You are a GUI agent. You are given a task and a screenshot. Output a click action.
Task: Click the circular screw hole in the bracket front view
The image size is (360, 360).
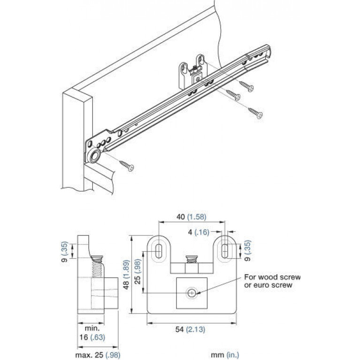191,293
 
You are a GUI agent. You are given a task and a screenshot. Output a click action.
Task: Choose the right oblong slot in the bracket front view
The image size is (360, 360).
225,250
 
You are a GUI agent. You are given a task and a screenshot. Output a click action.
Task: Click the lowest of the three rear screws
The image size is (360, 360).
255,113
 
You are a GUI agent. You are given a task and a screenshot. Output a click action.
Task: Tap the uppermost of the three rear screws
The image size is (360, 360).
246,86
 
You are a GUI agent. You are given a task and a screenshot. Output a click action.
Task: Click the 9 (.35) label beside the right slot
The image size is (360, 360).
247,251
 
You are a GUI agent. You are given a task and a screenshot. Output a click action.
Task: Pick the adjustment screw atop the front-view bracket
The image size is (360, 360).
191,259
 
